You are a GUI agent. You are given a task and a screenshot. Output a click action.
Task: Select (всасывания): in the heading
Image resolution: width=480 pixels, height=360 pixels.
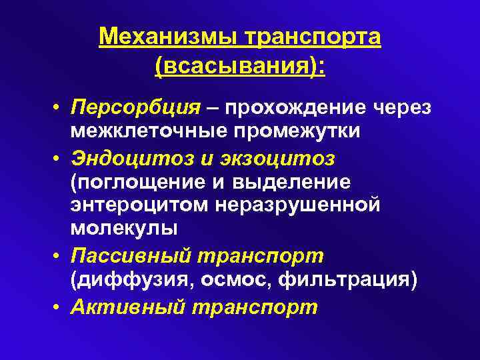(x=240, y=67)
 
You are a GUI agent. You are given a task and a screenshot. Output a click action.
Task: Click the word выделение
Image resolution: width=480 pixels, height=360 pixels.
(x=293, y=181)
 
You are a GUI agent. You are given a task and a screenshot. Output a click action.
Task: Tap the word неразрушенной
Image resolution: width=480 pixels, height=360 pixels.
(x=298, y=205)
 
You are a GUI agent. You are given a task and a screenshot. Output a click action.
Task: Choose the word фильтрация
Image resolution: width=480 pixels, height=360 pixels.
(x=347, y=280)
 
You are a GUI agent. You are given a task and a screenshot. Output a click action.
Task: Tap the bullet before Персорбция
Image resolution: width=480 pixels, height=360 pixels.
(x=59, y=108)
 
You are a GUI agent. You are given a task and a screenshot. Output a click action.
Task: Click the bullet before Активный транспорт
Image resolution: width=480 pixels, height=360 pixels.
(x=59, y=307)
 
